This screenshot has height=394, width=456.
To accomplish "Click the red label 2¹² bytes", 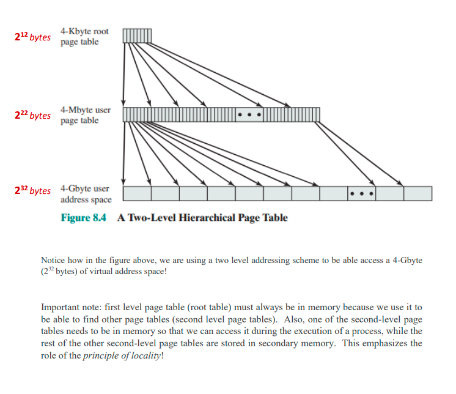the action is [x=32, y=37].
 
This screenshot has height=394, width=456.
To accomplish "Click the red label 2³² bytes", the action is [x=32, y=190].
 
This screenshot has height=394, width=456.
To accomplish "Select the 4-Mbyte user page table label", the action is [x=85, y=115].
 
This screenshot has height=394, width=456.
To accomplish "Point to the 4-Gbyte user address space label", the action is [x=86, y=194].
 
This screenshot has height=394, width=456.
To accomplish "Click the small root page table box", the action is [x=137, y=36].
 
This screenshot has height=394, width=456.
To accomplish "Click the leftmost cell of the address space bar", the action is [x=137, y=193].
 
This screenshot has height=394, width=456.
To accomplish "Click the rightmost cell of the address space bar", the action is [x=417, y=193].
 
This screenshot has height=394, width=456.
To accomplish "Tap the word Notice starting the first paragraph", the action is [x=53, y=260].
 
